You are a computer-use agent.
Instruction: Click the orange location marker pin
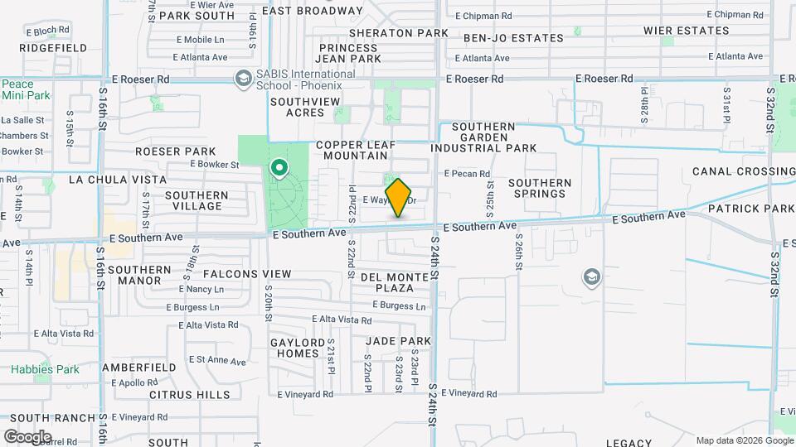click(x=399, y=197)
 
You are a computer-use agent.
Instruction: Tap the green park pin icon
click(x=279, y=170)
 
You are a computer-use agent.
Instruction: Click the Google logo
click(x=27, y=436)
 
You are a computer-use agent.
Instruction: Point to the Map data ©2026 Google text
click(x=745, y=440)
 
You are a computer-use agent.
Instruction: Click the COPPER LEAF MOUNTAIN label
click(x=351, y=149)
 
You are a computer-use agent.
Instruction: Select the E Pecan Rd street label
click(x=467, y=174)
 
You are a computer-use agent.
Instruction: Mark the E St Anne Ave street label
click(x=217, y=361)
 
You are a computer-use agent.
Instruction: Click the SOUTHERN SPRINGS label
click(x=540, y=188)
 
